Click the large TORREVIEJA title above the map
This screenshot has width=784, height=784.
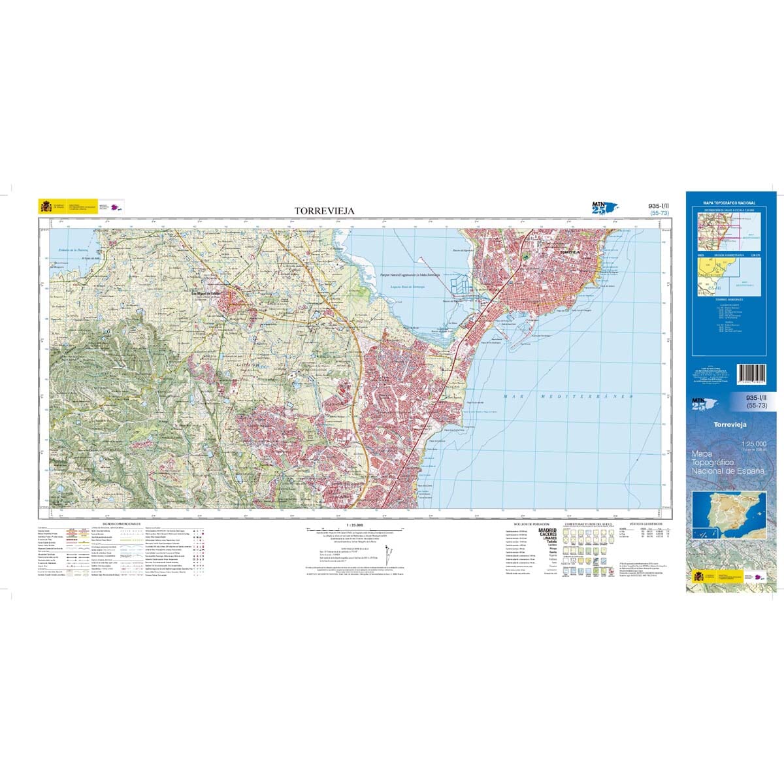[x=325, y=210]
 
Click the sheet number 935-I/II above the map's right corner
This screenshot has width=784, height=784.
[x=659, y=206]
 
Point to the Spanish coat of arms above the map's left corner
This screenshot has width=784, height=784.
[x=46, y=206]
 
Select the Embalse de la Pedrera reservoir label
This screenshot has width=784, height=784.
[x=73, y=249]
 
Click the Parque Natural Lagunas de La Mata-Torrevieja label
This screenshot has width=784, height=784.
[x=410, y=275]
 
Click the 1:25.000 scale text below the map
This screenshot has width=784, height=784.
[x=355, y=524]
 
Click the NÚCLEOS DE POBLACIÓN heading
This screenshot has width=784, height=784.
[x=528, y=524]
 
